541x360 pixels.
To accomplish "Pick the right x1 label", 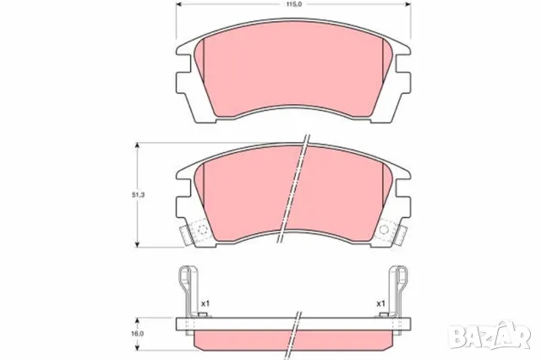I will [381, 303].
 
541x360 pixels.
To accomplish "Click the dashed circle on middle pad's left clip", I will [200, 230].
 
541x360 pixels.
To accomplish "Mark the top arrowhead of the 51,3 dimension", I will [138, 145].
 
